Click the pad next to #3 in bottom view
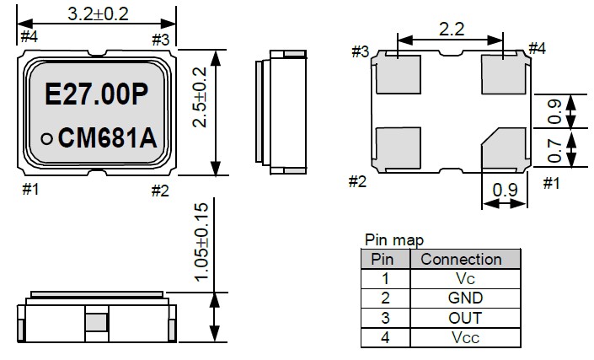pyautogui.click(x=398, y=74)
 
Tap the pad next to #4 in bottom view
pyautogui.click(x=504, y=74)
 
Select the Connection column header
pyautogui.click(x=461, y=260)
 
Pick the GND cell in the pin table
pyautogui.click(x=465, y=298)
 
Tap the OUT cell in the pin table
pyautogui.click(x=465, y=318)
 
